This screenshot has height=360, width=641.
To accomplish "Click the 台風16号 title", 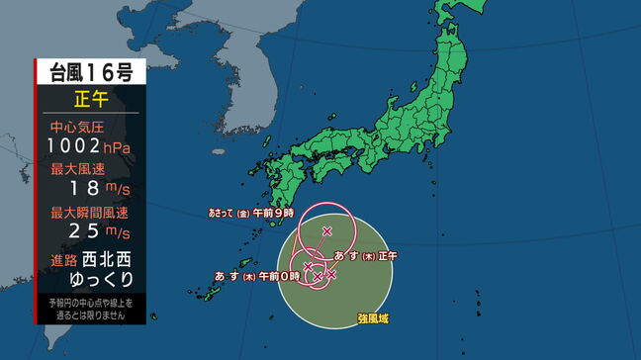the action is point(90,72).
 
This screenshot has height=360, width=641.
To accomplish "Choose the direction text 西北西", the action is point(106,259).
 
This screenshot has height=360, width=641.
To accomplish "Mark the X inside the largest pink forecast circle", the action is point(327,231).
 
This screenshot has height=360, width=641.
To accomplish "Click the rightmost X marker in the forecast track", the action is point(330,273).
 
